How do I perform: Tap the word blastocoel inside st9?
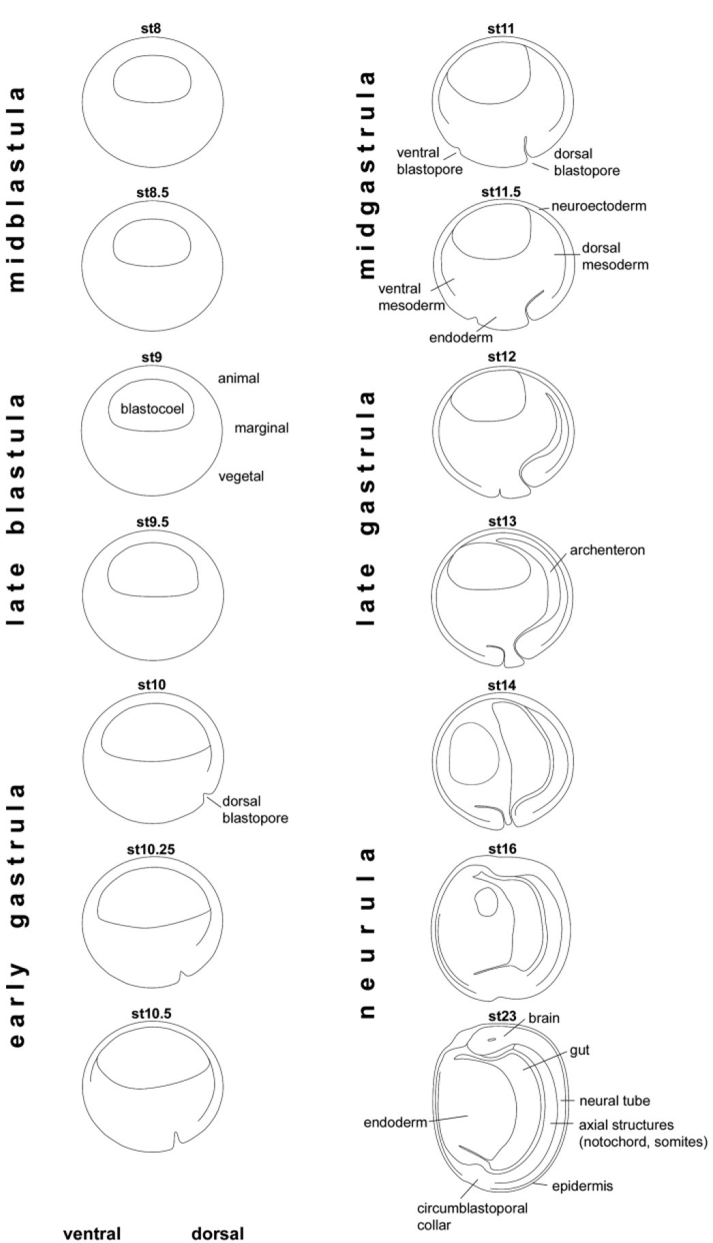tap(153, 409)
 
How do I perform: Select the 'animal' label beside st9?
tap(239, 378)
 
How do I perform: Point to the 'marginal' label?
tap(261, 428)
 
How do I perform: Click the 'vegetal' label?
tap(241, 476)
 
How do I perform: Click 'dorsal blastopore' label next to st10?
tap(254, 809)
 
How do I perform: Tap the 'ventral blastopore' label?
tap(429, 161)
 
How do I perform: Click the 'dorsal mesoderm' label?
tap(615, 256)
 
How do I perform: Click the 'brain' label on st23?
tap(544, 1018)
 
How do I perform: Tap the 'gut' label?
tap(580, 1050)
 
